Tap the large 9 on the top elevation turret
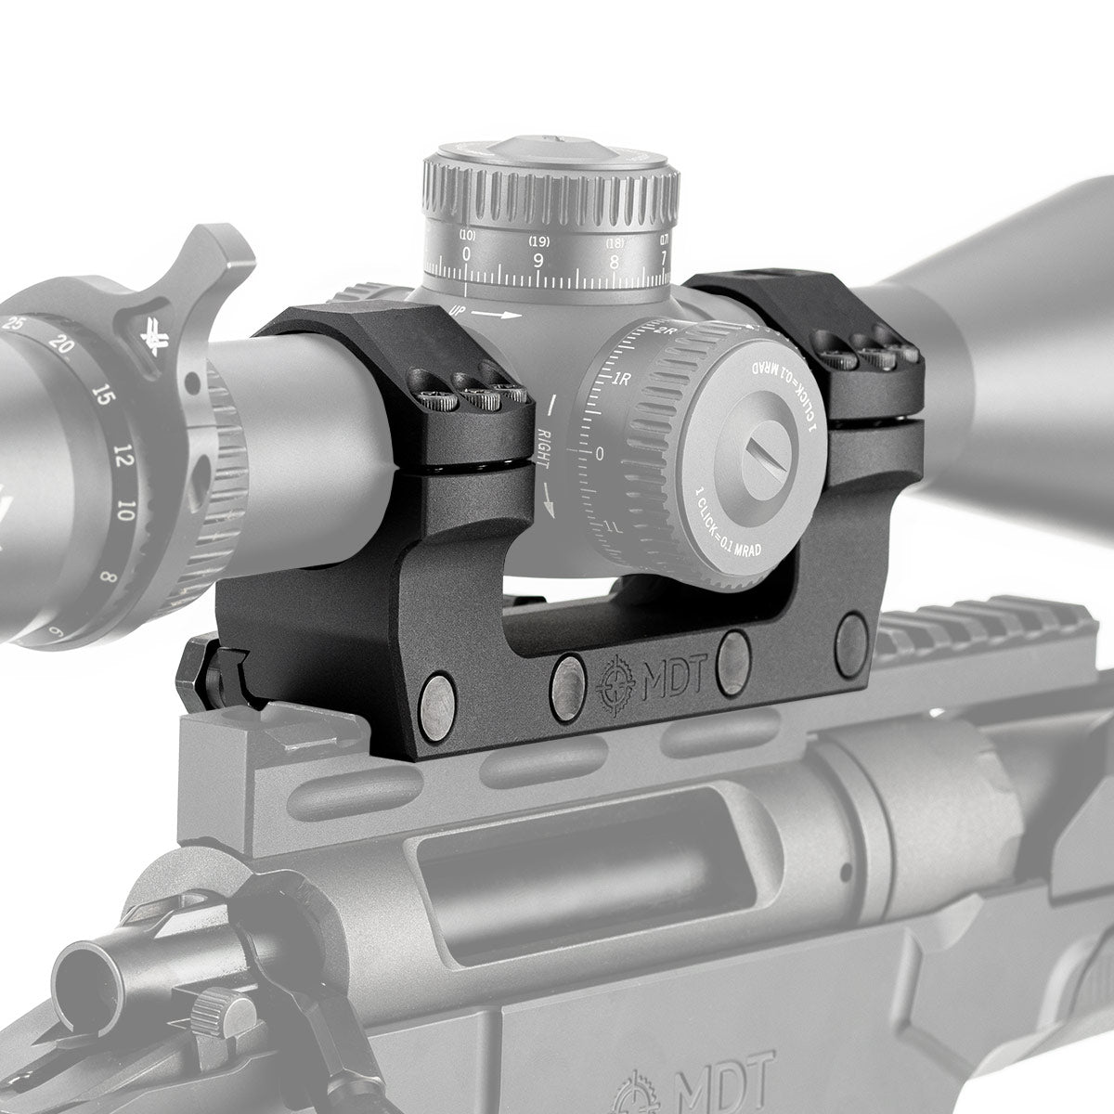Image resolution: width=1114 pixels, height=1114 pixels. click(538, 260)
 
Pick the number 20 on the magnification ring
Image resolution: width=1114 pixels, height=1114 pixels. click(61, 345)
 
